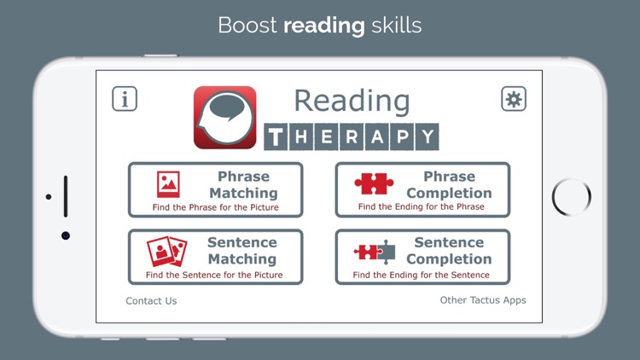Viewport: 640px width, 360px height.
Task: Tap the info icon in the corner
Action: point(125,99)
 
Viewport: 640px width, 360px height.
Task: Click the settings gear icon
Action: point(514,99)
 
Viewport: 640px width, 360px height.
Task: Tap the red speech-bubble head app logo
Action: point(224,118)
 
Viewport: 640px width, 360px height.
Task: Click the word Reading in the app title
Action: point(352,102)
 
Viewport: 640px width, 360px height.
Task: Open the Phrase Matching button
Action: point(215,189)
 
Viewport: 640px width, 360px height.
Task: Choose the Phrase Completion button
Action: point(422,189)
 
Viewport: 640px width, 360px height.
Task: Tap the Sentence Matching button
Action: point(215,257)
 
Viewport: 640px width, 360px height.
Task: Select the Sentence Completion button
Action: point(422,257)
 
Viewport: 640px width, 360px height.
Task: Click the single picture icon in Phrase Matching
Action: point(168,184)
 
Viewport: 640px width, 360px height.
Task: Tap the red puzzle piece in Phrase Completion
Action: point(374,183)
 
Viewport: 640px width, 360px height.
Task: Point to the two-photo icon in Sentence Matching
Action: point(166,251)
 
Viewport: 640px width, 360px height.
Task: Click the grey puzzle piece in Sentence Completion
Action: point(387,251)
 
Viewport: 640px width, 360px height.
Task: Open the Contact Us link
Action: point(151,301)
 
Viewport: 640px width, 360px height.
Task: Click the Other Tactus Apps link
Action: point(483,300)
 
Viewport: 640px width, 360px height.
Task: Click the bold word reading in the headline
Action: point(323,25)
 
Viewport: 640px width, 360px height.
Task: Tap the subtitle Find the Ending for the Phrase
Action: point(422,206)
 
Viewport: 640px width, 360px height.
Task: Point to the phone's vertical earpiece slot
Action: point(66,197)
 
